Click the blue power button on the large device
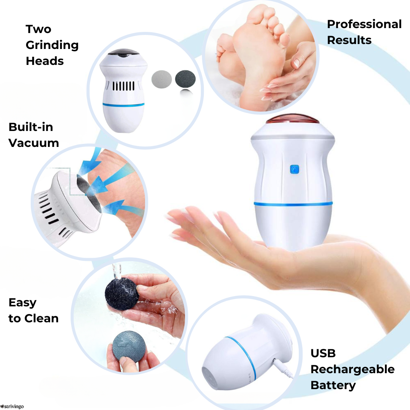point(295,169)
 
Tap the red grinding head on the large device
point(292,120)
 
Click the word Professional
point(364,24)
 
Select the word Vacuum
point(34,143)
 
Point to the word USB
point(323,353)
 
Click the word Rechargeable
point(352,369)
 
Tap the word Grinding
point(52,45)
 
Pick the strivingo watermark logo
point(12,406)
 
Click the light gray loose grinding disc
point(162,79)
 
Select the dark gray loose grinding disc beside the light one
point(185,79)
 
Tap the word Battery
point(333,385)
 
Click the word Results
point(349,40)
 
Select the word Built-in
point(31,127)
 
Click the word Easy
point(22,303)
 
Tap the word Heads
point(45,61)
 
